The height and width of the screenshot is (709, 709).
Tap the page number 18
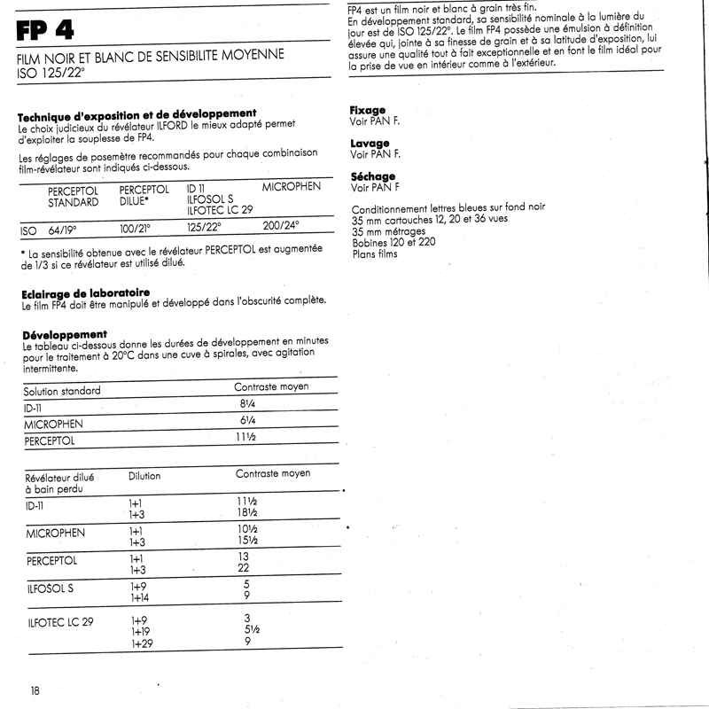pyautogui.click(x=34, y=690)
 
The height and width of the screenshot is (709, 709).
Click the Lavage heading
pyautogui.click(x=370, y=144)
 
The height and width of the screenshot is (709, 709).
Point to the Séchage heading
pyautogui.click(x=372, y=176)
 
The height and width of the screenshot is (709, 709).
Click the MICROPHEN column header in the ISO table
pyautogui.click(x=292, y=188)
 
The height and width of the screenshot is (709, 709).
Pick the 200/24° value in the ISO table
pyautogui.click(x=281, y=225)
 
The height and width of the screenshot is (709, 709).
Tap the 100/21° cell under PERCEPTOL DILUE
pyautogui.click(x=134, y=229)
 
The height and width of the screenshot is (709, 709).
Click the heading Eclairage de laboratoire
pyautogui.click(x=85, y=292)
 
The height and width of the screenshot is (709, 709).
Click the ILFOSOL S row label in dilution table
pyautogui.click(x=51, y=588)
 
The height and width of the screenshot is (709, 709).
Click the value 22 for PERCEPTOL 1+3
pyautogui.click(x=244, y=568)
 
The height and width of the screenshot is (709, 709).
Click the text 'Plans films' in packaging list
pyautogui.click(x=375, y=254)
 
